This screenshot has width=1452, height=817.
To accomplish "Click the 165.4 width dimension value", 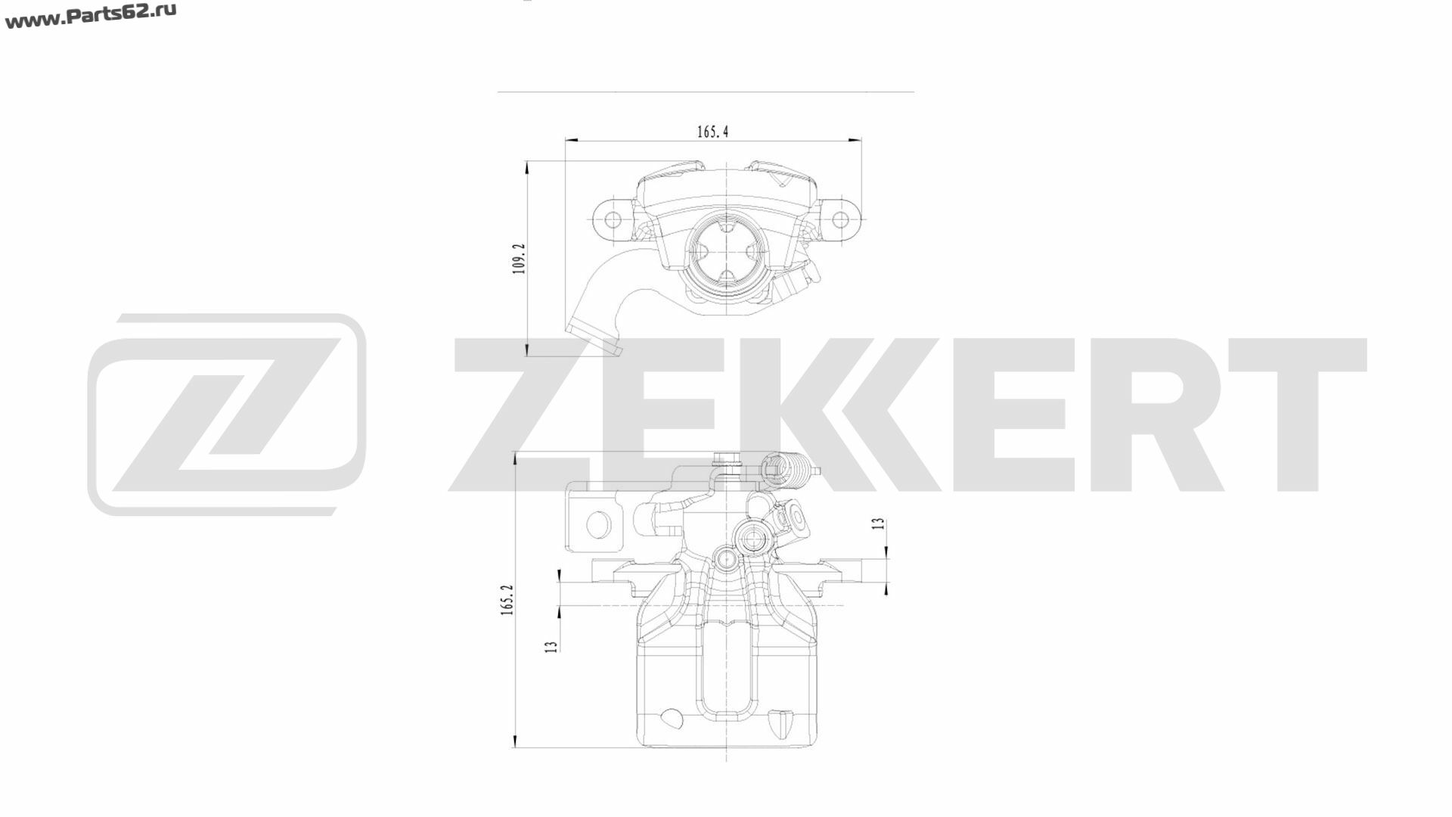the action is (712, 132).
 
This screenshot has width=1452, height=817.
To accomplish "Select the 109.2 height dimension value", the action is (520, 258).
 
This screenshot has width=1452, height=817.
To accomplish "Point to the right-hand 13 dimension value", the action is (878, 523).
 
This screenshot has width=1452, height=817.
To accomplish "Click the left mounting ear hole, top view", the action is (613, 219).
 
